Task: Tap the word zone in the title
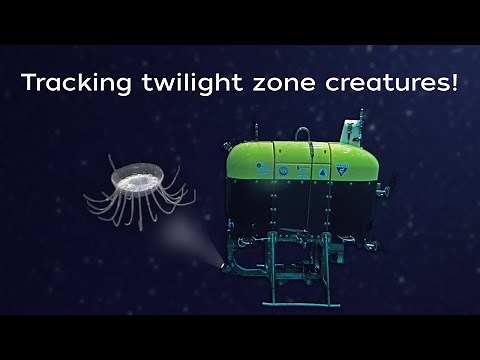tap(267, 83)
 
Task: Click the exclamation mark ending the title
tap(454, 82)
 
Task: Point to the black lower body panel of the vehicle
tap(300, 210)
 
